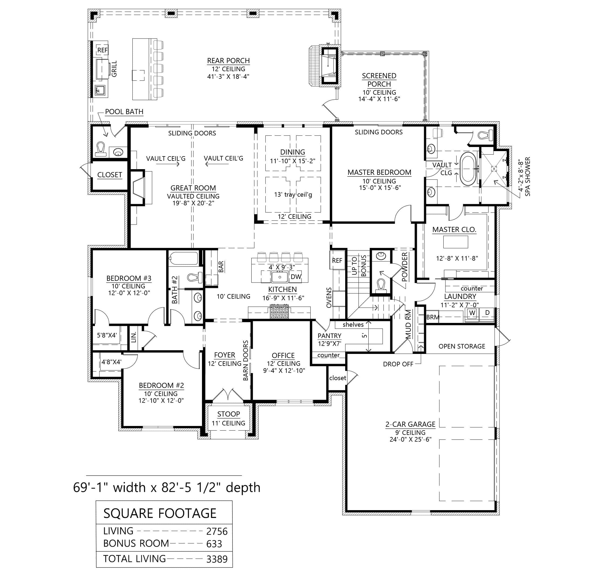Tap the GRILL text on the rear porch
click(114, 69)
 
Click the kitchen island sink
click(279, 277)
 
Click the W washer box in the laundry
click(472, 313)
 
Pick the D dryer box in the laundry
click(487, 313)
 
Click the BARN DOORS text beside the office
click(246, 360)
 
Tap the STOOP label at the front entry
click(228, 414)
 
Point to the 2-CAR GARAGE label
click(410, 424)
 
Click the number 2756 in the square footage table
click(217, 532)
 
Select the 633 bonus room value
click(214, 544)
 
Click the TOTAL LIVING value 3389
click(217, 560)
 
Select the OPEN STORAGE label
click(461, 346)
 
